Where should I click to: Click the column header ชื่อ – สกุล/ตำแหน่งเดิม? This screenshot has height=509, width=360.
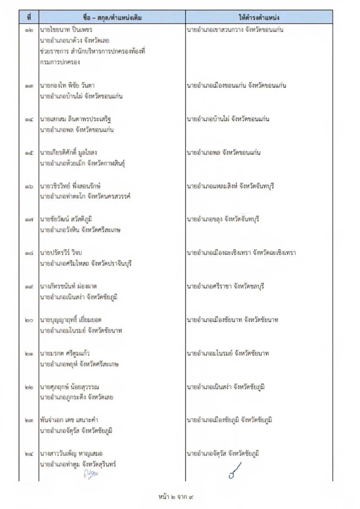112,17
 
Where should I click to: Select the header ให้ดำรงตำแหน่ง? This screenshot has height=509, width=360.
259,17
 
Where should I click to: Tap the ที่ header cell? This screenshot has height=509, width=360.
29,17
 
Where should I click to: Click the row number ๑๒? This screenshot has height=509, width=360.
29,30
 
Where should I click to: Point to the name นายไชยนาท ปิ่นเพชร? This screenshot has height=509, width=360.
66,30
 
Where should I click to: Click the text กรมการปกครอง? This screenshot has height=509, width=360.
60,62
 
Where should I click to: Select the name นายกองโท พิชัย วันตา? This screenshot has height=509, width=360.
67,85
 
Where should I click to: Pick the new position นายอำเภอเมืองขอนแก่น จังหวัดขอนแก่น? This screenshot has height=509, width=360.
236,85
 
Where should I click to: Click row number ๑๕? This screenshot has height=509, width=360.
29,153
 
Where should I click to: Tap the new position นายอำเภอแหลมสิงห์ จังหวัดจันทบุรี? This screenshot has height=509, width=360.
230,186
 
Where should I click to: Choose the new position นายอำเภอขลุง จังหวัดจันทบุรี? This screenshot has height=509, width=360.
223,219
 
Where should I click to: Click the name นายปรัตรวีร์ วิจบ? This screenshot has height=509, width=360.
61,253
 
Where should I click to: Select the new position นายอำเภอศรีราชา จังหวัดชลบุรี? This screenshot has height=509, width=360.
225,286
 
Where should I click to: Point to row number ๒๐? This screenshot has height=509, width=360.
29,320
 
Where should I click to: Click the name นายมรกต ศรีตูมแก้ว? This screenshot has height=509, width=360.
65,353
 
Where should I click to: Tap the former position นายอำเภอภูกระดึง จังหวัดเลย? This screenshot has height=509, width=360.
76,397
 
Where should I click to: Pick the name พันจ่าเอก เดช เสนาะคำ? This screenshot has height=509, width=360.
69,420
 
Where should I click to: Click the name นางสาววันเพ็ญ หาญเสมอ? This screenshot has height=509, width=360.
71,454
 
